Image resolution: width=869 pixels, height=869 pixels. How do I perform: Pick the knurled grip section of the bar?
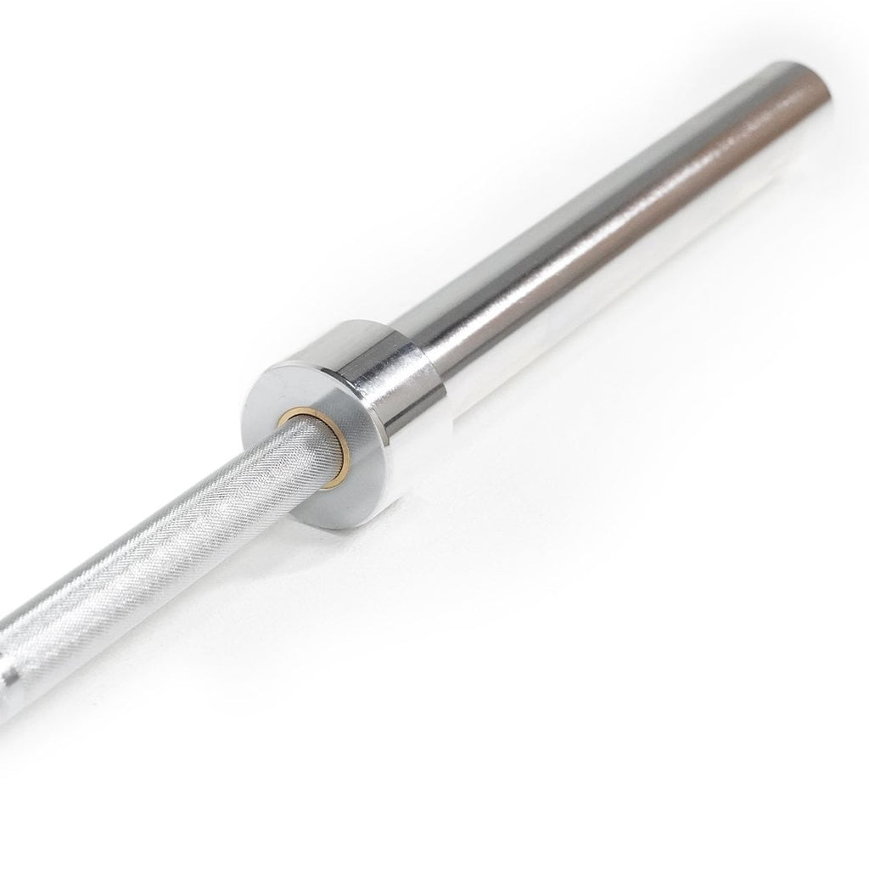[170, 552]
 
